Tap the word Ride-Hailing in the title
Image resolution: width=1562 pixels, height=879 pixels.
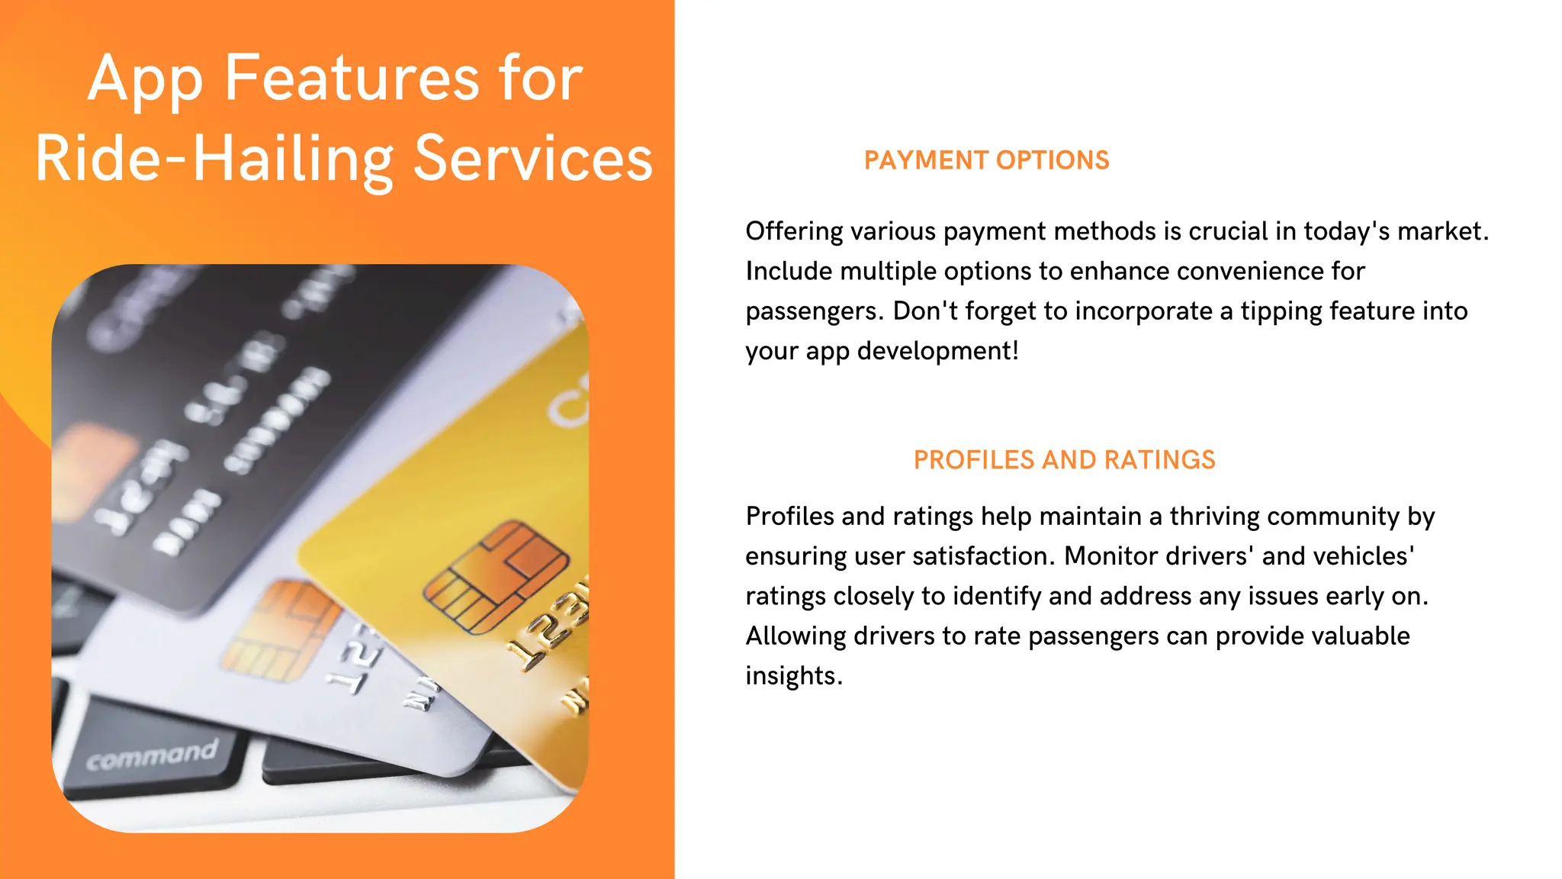click(x=214, y=159)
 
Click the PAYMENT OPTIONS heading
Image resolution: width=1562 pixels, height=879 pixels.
click(x=986, y=160)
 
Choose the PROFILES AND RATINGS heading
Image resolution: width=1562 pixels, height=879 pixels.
click(x=1064, y=460)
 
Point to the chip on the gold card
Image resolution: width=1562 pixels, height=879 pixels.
click(x=496, y=576)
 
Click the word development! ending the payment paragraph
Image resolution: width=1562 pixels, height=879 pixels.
click(x=937, y=351)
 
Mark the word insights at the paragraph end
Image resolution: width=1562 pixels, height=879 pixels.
click(x=793, y=676)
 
